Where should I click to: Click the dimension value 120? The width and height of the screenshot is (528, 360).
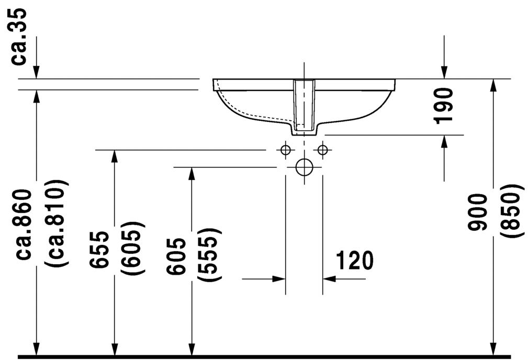click(354, 260)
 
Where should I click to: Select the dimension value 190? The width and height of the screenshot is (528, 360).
click(444, 106)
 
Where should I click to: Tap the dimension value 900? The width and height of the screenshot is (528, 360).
click(478, 211)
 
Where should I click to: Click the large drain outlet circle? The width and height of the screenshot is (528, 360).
click(304, 167)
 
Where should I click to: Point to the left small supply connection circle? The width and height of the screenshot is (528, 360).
click(285, 150)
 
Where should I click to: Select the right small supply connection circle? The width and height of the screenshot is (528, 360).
click(322, 150)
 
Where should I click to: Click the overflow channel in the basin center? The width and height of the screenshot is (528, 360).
click(304, 105)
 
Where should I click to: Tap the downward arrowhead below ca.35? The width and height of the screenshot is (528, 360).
click(36, 73)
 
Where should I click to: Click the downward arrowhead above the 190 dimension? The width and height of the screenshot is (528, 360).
click(444, 73)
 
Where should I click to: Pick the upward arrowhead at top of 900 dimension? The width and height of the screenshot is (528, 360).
click(492, 85)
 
